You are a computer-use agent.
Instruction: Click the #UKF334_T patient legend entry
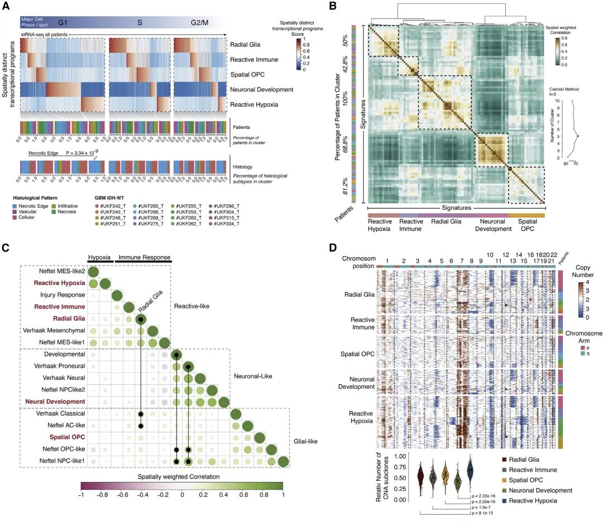click(226, 224)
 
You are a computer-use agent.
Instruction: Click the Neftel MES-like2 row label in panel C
click(63, 271)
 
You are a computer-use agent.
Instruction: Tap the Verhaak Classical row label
click(62, 413)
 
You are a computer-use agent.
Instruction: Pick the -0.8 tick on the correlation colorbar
click(102, 494)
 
